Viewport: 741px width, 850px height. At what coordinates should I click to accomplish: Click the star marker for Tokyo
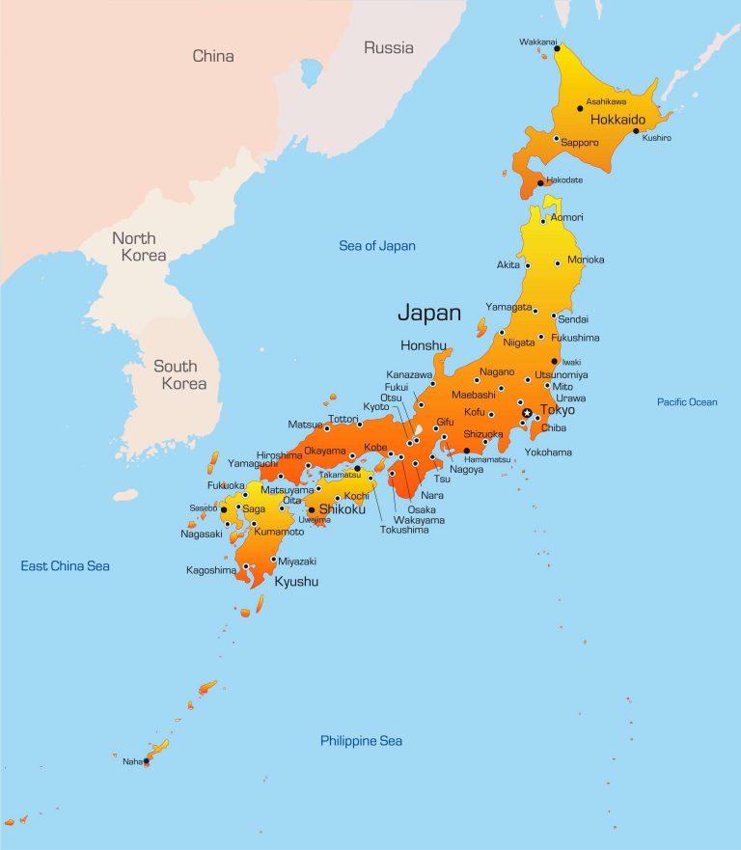click(x=526, y=413)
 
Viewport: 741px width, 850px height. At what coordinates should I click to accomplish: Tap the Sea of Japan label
click(x=377, y=246)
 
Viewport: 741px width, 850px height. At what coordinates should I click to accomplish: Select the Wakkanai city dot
click(x=557, y=47)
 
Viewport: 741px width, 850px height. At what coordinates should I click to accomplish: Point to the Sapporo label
click(x=580, y=143)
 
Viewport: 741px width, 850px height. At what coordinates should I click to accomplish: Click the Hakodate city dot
click(x=541, y=180)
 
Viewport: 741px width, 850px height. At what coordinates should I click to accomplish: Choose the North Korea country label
click(x=139, y=247)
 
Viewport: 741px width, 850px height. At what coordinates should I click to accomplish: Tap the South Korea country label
click(x=179, y=374)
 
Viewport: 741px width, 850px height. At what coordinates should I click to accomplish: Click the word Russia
click(x=388, y=47)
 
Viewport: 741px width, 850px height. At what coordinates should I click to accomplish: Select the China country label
click(x=213, y=56)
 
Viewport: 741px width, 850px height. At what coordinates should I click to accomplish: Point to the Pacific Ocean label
click(x=687, y=401)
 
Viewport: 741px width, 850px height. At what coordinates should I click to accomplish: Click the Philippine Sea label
click(x=361, y=741)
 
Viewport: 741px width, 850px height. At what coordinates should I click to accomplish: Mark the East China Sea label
click(x=66, y=565)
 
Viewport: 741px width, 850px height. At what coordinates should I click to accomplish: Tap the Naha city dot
click(x=147, y=761)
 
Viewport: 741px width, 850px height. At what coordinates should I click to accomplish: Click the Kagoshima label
click(x=210, y=570)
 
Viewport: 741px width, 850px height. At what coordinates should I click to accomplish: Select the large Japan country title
click(x=429, y=313)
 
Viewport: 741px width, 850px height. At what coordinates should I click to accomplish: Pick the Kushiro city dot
click(x=636, y=130)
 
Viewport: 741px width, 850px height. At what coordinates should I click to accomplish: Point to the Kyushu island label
click(x=296, y=582)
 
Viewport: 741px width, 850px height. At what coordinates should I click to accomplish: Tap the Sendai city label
click(x=573, y=319)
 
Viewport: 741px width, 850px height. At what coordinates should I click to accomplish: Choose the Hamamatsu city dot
click(x=466, y=451)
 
